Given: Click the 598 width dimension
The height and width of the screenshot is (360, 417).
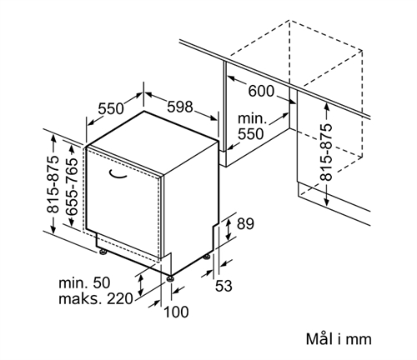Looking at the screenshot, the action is pos(180,107).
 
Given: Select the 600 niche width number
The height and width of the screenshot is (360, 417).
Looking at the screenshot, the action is pos(261,91).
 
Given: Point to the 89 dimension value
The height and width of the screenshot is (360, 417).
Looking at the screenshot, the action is pos(245,224).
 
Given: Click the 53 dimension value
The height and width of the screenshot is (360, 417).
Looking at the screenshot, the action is pos(224,286).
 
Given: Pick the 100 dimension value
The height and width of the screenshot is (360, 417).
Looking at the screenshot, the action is pos(176,312).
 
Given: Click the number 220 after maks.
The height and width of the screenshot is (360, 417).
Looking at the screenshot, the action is pos(120,299).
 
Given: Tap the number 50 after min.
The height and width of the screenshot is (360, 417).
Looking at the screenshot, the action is pos(102,282).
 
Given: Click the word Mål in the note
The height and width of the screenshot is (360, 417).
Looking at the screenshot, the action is pos(319,338).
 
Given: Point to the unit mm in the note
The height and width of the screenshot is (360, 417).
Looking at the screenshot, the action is pos(359,340).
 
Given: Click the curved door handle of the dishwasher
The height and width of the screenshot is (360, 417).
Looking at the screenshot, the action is pos(117,174).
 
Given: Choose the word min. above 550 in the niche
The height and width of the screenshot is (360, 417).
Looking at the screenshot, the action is pos(252,119).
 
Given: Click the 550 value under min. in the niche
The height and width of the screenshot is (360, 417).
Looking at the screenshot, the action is pos(250,134).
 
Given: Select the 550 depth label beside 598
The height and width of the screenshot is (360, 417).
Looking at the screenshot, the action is pos(110,108).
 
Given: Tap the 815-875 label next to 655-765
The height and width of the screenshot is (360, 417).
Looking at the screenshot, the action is pos(53,184).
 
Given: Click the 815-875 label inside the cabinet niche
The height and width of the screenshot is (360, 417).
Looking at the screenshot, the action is pos(325,152).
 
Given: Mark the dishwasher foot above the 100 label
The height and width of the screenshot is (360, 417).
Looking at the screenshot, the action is pos(170,278).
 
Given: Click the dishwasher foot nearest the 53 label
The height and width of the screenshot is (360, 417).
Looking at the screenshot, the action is pos(207,257).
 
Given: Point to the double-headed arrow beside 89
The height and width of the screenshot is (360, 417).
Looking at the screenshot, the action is pos(229,229).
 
